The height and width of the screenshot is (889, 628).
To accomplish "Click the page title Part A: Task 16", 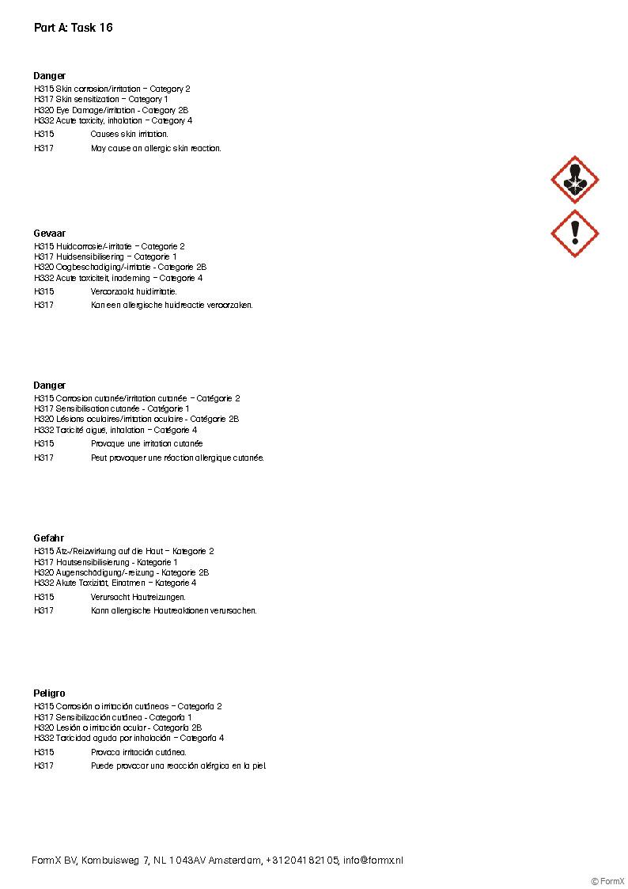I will click(x=73, y=28).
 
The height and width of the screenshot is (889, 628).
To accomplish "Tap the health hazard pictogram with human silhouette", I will click(x=574, y=180).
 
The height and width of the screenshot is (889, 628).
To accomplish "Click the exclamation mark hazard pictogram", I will click(x=574, y=233).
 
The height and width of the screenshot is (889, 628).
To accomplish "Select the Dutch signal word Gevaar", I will click(x=49, y=234).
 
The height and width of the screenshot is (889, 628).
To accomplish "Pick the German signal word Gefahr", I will click(x=48, y=538).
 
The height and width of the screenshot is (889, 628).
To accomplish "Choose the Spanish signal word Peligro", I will click(x=49, y=693).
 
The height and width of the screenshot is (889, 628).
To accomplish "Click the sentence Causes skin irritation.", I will click(x=129, y=135).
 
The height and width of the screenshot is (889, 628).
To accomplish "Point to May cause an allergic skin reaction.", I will click(x=156, y=148).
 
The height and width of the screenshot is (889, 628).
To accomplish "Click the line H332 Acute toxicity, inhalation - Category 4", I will click(x=113, y=121).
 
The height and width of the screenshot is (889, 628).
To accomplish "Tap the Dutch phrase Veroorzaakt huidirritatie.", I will click(x=134, y=291).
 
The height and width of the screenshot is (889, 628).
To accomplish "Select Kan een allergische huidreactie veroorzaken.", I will click(x=172, y=305).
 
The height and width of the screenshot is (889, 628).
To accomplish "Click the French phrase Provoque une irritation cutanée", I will click(x=146, y=444).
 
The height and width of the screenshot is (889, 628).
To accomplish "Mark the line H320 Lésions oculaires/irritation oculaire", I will click(x=136, y=419).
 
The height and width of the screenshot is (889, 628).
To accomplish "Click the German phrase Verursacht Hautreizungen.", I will click(x=138, y=597).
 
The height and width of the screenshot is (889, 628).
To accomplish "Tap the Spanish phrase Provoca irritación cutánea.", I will click(x=138, y=752).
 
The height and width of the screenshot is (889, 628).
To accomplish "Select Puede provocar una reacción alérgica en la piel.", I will click(x=179, y=766).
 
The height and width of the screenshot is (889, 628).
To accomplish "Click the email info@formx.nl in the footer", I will click(x=373, y=861).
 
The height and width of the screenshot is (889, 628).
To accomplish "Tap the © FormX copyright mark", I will click(x=607, y=881).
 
